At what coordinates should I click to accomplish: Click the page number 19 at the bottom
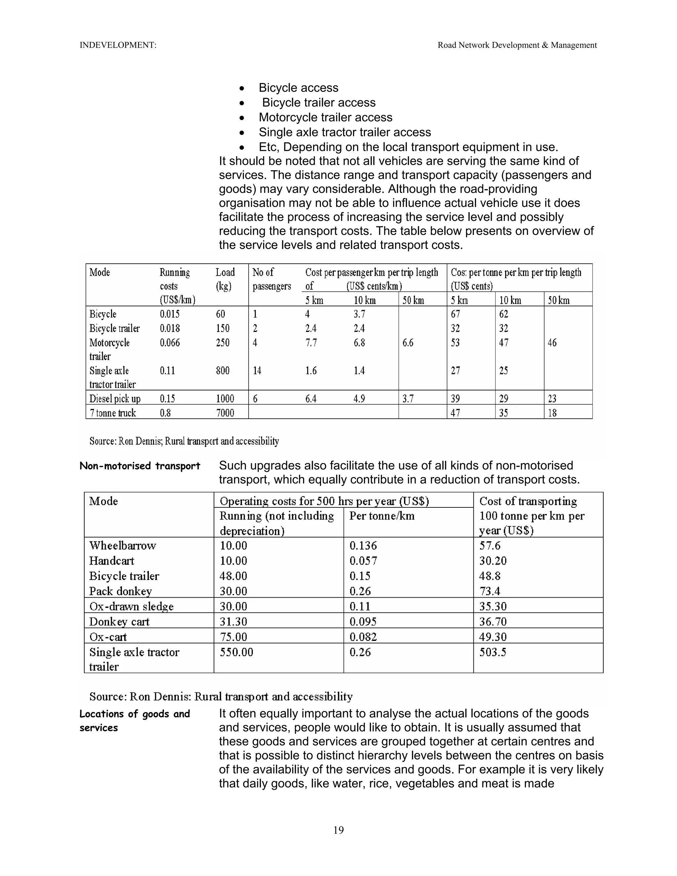click(338, 830)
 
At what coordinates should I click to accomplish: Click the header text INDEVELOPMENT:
click(118, 45)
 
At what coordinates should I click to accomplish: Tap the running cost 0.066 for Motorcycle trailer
click(170, 342)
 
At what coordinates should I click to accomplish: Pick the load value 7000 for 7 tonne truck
click(225, 413)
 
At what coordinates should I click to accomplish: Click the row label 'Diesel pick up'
click(115, 399)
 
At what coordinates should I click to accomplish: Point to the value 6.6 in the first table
click(408, 342)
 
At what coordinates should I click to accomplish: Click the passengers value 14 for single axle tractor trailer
click(257, 371)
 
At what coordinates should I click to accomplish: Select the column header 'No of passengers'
click(271, 279)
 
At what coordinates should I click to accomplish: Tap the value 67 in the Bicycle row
click(456, 314)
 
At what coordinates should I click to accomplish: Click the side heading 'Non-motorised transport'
click(139, 466)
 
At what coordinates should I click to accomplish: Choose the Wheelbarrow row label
click(122, 545)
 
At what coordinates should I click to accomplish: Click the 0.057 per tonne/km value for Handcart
click(363, 561)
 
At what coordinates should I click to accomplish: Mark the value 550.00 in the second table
click(236, 652)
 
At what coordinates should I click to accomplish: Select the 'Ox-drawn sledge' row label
click(131, 607)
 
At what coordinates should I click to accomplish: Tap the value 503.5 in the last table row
click(493, 652)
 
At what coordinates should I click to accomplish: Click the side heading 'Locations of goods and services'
click(134, 721)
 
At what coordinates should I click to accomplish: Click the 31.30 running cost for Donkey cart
click(233, 622)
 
